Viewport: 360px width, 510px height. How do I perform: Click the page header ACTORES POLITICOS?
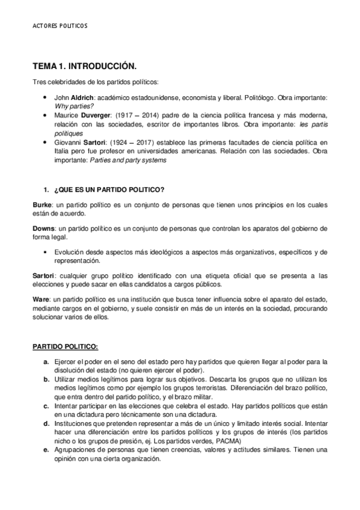pyautogui.click(x=59, y=26)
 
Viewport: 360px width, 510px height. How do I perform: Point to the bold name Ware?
pyautogui.click(x=40, y=299)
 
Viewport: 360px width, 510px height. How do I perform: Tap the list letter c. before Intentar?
pyautogui.click(x=46, y=406)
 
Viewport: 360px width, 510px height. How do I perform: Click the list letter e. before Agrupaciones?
pyautogui.click(x=46, y=450)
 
